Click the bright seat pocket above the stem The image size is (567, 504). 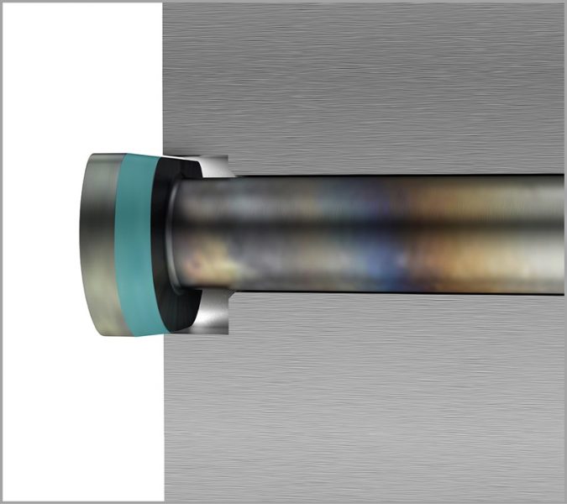pos(215,167)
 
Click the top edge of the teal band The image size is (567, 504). pos(139,156)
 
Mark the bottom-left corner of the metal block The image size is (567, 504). pos(165,501)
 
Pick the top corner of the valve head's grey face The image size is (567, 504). pos(94,155)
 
